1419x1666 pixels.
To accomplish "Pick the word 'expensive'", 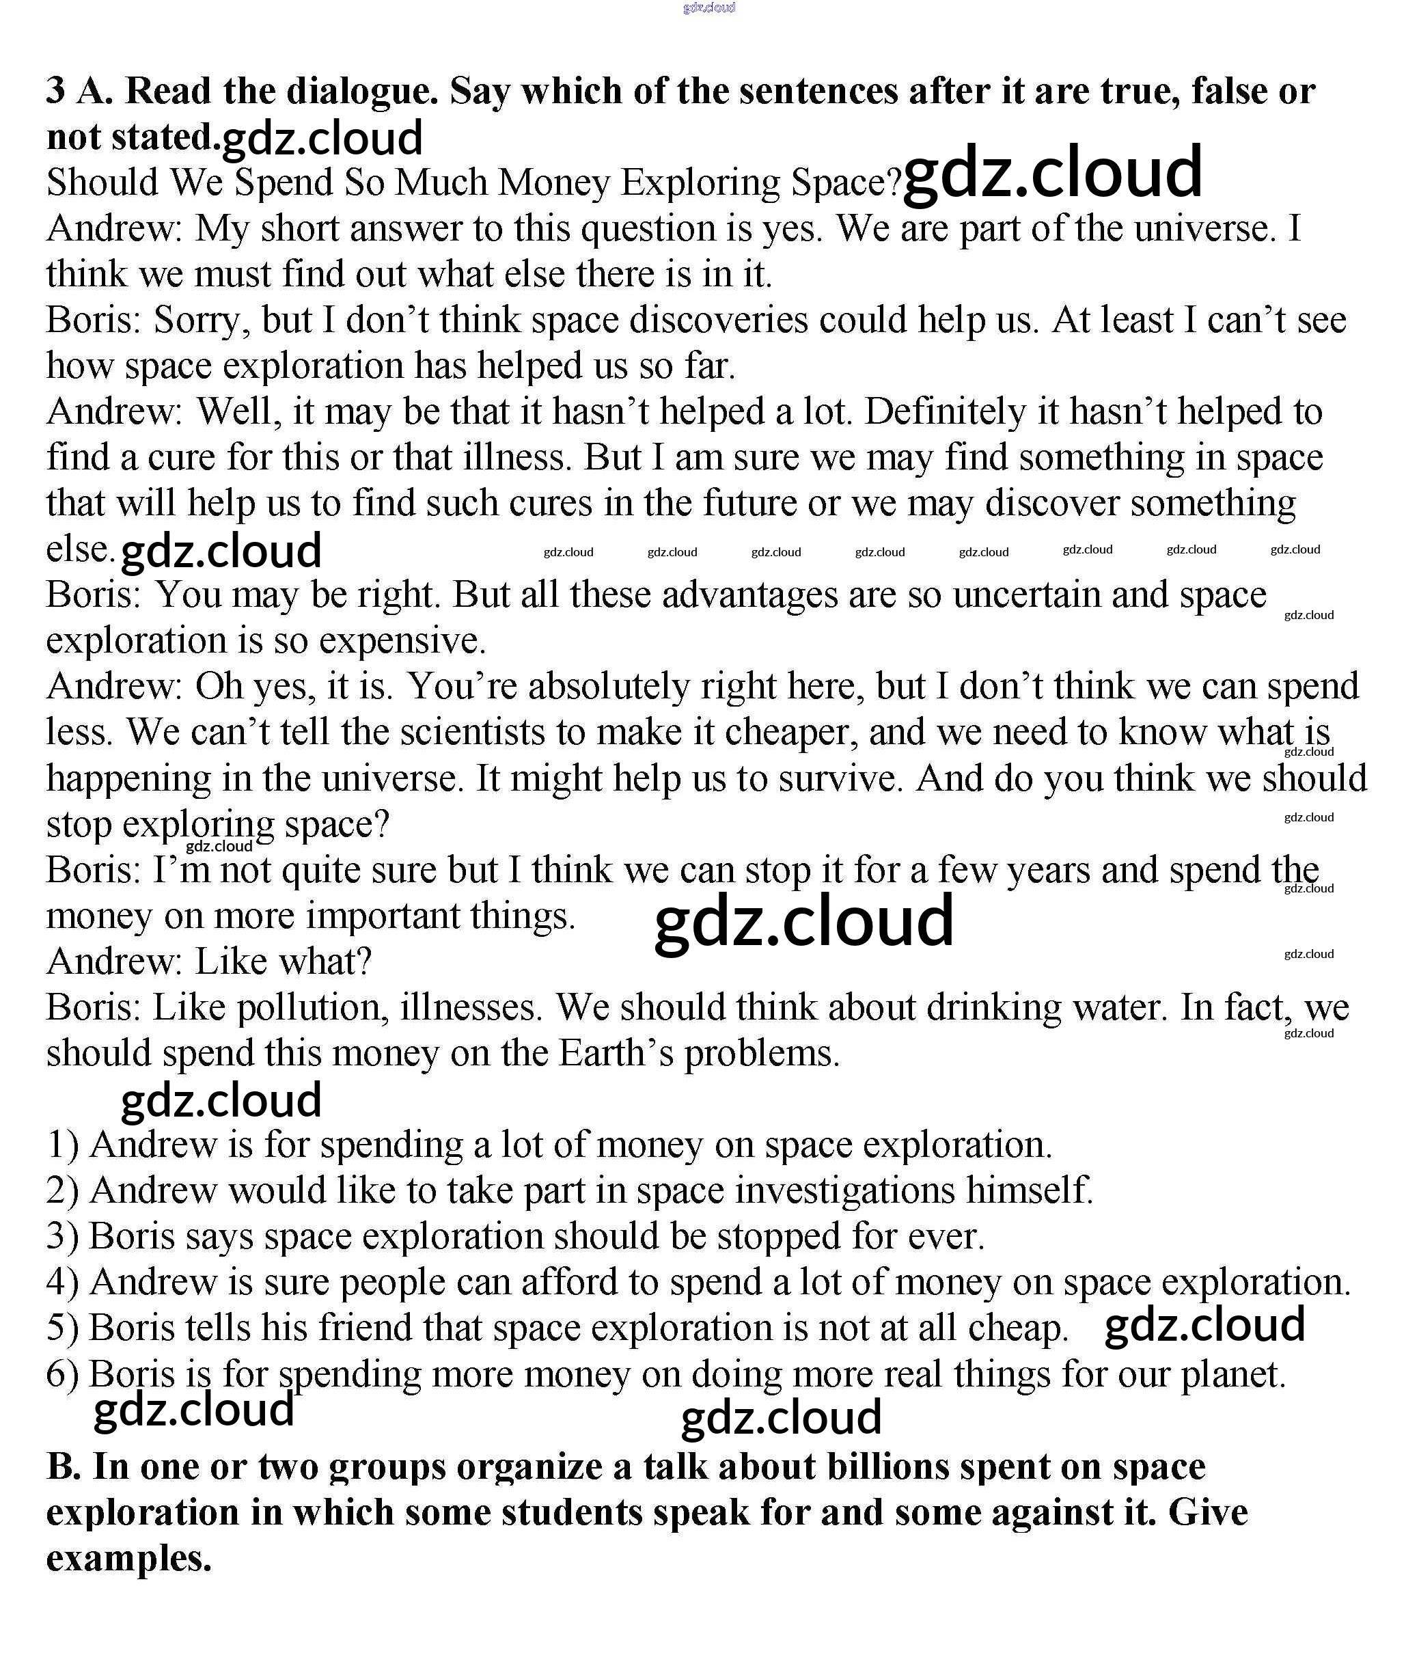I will (401, 641).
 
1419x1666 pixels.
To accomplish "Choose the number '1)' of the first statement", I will (63, 1145).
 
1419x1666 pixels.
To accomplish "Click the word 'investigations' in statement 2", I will (844, 1191).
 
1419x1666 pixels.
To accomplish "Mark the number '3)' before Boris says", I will (63, 1237).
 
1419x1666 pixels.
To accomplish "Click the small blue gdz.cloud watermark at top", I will (708, 8).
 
